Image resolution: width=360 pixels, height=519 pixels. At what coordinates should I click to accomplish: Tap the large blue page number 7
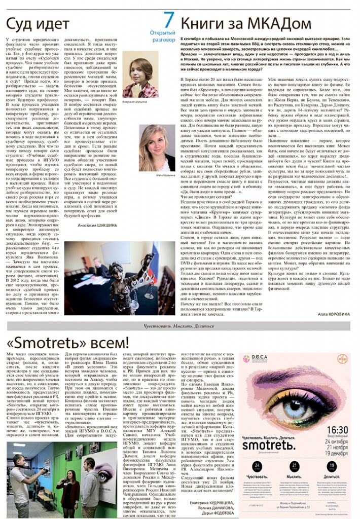pyautogui.click(x=169, y=20)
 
